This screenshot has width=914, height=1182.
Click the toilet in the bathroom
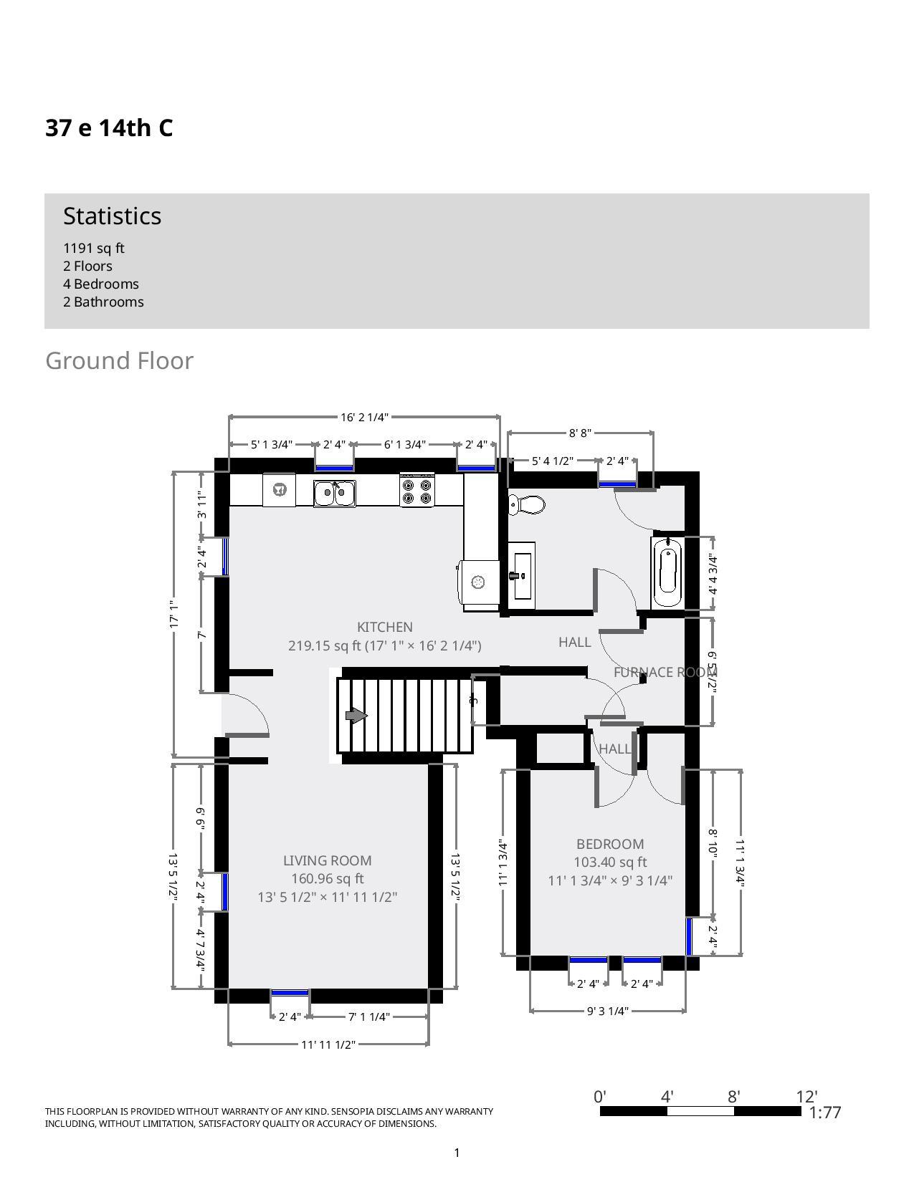(526, 505)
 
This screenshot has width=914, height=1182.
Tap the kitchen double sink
(334, 493)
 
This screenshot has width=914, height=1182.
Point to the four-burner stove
(417, 491)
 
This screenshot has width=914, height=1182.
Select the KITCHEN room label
(385, 627)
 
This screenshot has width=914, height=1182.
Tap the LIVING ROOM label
(327, 860)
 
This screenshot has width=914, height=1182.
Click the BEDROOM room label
(610, 844)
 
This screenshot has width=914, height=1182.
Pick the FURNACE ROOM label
(664, 672)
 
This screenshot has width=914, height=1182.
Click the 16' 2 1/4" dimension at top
(364, 417)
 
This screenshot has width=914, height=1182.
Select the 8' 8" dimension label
(580, 433)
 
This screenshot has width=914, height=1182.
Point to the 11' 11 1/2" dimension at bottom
(328, 1044)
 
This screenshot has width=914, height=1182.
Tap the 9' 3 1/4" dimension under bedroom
(607, 1011)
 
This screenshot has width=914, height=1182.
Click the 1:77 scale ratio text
(824, 1113)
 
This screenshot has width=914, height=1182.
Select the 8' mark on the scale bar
(733, 1097)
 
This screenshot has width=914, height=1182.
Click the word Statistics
(112, 216)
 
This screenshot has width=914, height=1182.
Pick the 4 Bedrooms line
(101, 284)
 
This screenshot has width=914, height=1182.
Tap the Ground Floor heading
(119, 360)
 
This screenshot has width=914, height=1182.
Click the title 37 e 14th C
(109, 128)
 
